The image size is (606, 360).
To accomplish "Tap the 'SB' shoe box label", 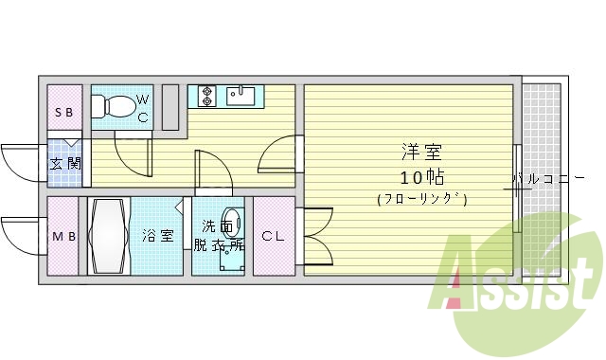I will click(64, 113).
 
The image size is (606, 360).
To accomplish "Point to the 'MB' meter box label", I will click(64, 236).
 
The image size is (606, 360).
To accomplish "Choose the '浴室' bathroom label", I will click(157, 236).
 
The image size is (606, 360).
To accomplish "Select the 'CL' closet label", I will click(273, 236).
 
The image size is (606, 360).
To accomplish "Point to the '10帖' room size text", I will click(422, 177).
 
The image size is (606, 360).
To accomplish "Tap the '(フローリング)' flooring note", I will click(422, 199).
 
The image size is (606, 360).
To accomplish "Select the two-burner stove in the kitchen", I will click(207, 96).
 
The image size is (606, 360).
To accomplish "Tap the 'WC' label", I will click(143, 108).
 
